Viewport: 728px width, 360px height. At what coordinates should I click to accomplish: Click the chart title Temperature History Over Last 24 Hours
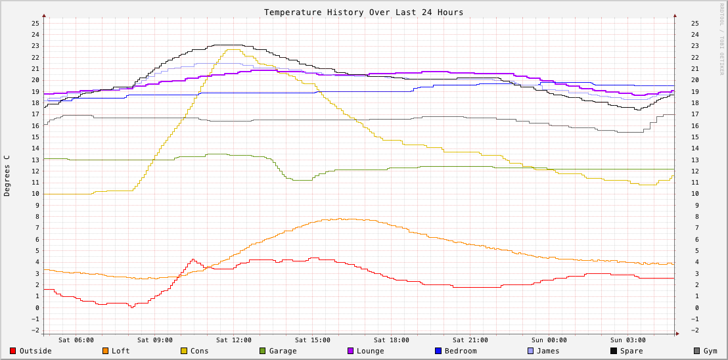363,12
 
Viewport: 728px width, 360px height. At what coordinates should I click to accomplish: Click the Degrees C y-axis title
7,175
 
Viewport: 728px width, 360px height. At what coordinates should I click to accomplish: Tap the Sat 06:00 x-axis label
76,340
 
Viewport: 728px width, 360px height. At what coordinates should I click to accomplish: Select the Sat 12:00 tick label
234,340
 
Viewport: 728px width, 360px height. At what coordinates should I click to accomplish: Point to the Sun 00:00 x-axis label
549,340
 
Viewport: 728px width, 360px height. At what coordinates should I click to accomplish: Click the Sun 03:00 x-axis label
628,340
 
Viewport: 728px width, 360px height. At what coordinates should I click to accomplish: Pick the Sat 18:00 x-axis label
392,340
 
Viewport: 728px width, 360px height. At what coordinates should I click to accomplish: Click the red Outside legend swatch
12,351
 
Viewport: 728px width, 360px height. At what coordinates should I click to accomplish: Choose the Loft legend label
121,351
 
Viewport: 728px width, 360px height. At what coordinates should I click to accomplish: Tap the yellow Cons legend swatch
184,351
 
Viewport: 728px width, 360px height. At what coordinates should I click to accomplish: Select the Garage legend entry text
283,351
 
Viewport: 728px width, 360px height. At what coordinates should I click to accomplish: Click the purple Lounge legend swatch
351,351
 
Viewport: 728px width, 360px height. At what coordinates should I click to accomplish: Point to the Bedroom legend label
461,351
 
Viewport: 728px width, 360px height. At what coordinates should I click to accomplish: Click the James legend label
548,351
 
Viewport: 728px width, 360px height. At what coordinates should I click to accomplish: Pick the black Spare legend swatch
614,351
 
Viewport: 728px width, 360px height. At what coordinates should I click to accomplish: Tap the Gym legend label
710,351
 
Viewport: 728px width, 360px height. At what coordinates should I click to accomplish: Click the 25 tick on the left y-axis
35,24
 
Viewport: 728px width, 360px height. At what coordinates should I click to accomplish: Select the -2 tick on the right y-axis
694,330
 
